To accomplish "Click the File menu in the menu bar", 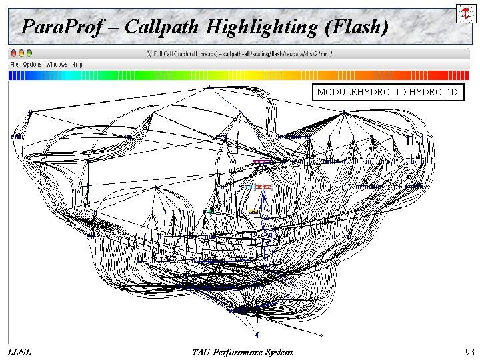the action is (13, 65).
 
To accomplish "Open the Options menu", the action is (32, 65).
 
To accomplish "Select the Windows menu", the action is (57, 65).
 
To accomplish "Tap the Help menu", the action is (77, 65).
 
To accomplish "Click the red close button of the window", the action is (13, 53).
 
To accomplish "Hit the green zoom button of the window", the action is (29, 53).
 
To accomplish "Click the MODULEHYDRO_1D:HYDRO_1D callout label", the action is (387, 93).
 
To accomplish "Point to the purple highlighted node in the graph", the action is (262, 161).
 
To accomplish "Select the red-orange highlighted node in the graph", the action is (263, 187).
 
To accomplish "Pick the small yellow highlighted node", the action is (253, 211).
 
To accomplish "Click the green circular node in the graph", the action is (211, 210).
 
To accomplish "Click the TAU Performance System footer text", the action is (241, 351).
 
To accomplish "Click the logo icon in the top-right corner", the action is (463, 13).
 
